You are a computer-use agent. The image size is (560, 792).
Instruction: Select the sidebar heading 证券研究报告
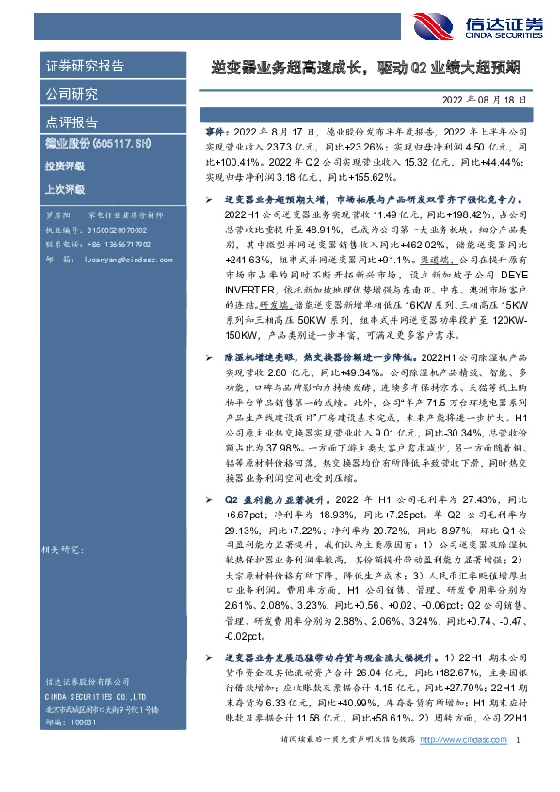(x=85, y=67)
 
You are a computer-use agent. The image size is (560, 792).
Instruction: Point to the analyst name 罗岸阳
(x=56, y=215)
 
